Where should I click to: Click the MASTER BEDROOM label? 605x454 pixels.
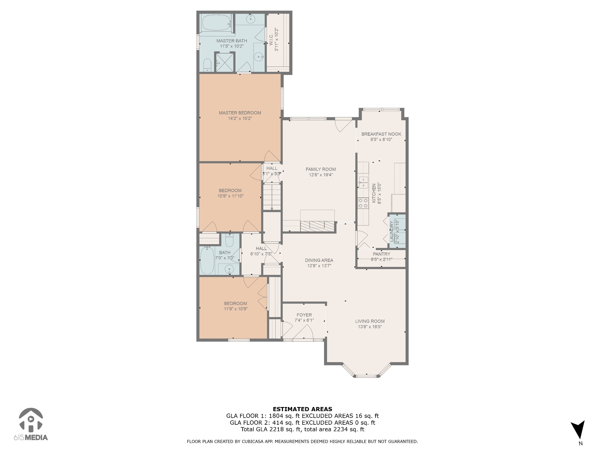[240, 113]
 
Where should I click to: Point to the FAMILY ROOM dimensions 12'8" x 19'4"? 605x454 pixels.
[321, 175]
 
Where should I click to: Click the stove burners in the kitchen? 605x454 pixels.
[363, 203]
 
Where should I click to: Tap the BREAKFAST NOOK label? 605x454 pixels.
[381, 134]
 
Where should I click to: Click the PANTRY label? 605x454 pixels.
[381, 254]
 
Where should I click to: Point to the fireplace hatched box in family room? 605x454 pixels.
[318, 226]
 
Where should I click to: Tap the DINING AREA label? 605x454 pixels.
[319, 260]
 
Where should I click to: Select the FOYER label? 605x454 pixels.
[304, 315]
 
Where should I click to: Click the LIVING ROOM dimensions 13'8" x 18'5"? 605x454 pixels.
[370, 327]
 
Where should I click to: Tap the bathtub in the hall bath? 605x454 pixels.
[207, 260]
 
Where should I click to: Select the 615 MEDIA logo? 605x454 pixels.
[31, 424]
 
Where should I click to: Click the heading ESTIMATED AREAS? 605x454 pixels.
[302, 409]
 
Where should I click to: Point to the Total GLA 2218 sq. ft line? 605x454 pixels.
[302, 429]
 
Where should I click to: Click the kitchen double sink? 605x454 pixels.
[363, 182]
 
